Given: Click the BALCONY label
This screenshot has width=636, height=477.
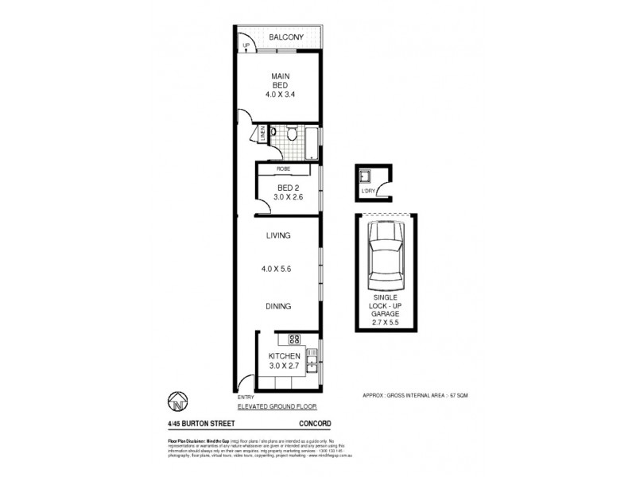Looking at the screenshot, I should click(x=284, y=37).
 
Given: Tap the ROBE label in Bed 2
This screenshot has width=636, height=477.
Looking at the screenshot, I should click(x=282, y=169).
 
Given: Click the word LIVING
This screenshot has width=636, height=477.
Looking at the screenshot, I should click(x=278, y=235).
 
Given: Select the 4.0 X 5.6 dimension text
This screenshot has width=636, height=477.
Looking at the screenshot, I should click(x=279, y=268).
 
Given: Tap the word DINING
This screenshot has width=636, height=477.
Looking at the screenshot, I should click(x=278, y=306).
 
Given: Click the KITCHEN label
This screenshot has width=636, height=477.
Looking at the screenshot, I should click(x=284, y=355).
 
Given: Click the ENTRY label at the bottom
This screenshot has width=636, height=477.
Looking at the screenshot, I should click(x=244, y=396).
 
